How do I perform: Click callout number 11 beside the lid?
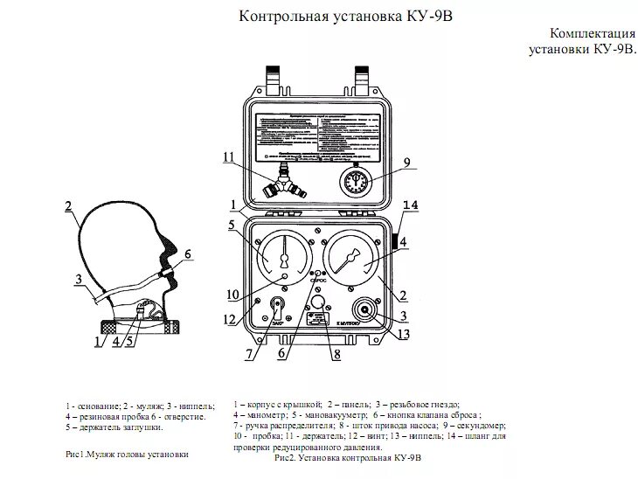pos(229,157)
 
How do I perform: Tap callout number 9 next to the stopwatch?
pos(406,163)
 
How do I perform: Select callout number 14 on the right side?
pos(411,205)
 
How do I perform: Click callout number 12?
pos(229,321)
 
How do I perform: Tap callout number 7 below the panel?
pos(249,354)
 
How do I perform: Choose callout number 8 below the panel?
pos(336,354)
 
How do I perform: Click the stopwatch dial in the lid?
pos(355,184)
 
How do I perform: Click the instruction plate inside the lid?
pos(322,134)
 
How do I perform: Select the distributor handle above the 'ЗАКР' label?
pos(276,309)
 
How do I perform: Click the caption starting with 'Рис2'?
pos(348,457)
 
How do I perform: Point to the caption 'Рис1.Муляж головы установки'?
pos(127,455)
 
